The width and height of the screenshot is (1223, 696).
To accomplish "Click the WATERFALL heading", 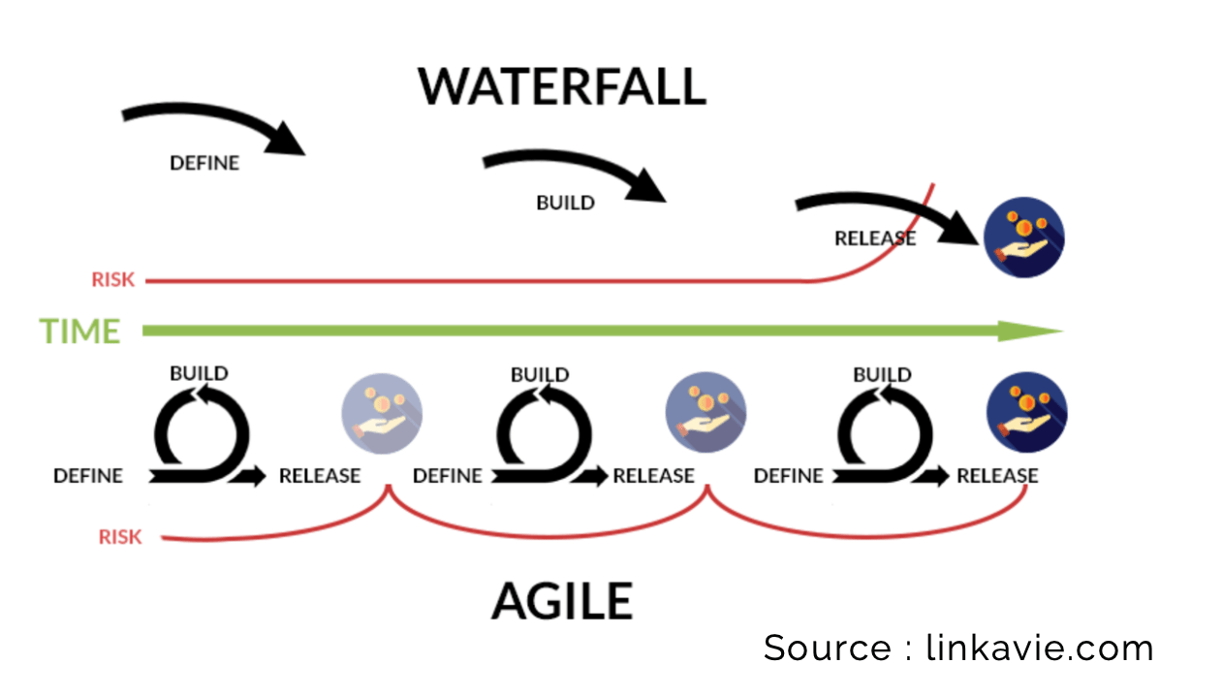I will coord(562,86).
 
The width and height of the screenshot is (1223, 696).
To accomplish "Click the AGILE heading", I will coord(562,601).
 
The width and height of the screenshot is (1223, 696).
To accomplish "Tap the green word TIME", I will coord(79,332).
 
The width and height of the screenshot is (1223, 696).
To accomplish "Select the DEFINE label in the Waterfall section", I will coord(204,163).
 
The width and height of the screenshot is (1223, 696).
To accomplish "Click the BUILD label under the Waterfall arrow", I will coord(565,204).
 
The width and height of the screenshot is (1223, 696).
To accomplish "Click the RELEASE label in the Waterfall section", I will coord(874,238).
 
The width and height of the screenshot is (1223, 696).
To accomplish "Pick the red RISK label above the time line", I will coord(113,280).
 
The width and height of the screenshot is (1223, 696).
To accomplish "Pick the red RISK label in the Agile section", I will coord(120,537).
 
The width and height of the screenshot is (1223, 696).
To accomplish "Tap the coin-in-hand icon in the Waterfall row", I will coord(1023,238).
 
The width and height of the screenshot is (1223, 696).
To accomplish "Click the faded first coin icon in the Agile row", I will coord(381,411).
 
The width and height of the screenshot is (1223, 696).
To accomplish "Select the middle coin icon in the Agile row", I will coord(705,411).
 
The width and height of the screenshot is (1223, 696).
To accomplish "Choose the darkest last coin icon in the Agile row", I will coord(1026,411).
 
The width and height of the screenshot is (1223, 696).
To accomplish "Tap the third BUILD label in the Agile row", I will coord(882,374).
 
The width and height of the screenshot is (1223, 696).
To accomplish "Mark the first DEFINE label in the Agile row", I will coord(88,476).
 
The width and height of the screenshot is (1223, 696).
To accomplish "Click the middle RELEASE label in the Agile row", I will coord(653,476).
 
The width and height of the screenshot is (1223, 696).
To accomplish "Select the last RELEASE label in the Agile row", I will coord(997,476).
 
